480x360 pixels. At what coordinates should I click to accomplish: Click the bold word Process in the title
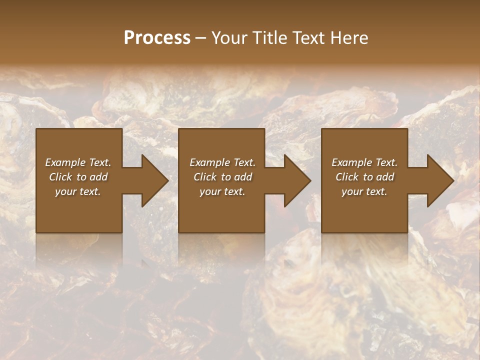pos(157,38)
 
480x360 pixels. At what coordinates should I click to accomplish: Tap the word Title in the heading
pos(270,38)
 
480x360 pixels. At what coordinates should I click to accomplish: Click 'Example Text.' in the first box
pos(78,162)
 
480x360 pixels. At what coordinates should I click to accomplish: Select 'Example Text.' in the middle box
pos(222,162)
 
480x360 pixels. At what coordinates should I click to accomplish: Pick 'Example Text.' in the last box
pos(364,162)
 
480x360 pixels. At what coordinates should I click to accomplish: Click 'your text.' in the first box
pos(78,191)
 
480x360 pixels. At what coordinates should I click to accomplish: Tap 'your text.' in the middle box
pos(222,191)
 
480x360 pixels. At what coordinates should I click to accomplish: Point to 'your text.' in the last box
pos(364,191)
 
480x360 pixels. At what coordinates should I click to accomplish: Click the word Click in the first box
pos(60,177)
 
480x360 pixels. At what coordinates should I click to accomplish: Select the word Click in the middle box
pos(205,177)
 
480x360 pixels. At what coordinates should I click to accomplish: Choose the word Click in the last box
pos(347,177)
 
